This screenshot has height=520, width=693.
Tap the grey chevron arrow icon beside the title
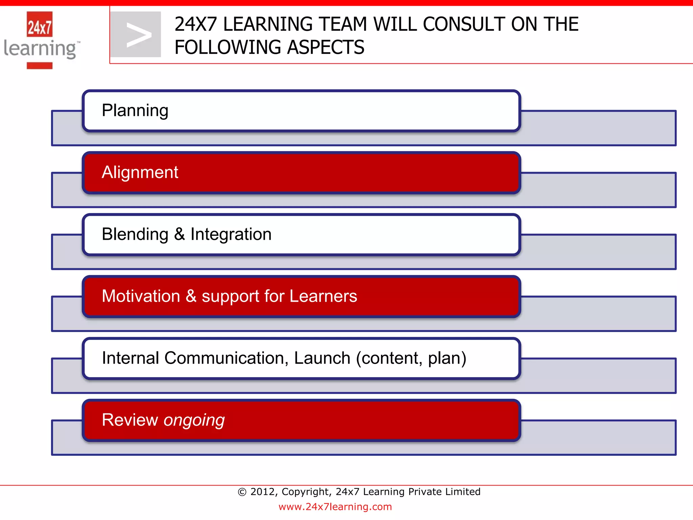[x=136, y=35]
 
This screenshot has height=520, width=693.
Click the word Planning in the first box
[x=135, y=111]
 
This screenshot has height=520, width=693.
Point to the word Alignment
[x=140, y=172]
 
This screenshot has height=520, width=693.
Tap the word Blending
[x=135, y=234]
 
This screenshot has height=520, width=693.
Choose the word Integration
[x=231, y=234]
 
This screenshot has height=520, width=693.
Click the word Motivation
[x=141, y=296]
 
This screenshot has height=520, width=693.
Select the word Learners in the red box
[x=323, y=296]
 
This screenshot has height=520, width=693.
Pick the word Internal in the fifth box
[x=130, y=358]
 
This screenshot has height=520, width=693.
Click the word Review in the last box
[x=130, y=420]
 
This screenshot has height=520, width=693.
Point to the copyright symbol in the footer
[x=242, y=492]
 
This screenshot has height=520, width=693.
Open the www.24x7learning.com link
[x=335, y=507]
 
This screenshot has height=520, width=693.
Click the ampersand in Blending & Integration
[x=179, y=234]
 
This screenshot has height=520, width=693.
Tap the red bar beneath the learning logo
[x=40, y=66]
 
